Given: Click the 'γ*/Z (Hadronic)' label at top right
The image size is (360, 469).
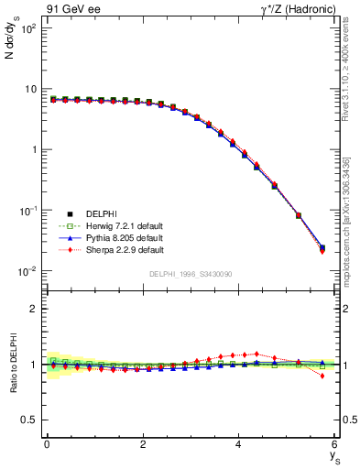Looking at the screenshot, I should pos(298,8).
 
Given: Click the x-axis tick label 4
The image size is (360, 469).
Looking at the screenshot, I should pos(239,444).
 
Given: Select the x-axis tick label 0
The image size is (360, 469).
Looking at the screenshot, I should pos(47,444).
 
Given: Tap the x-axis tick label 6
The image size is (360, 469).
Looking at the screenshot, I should pos(335,444).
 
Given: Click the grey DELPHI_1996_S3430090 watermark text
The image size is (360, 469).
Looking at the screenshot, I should pos(191,275).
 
